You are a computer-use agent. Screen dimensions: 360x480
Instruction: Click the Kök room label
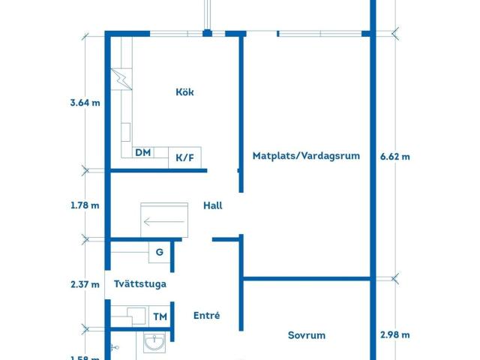point(184,92)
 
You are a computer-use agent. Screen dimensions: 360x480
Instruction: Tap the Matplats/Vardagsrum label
point(306,156)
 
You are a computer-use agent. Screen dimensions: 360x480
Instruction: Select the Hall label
point(212,205)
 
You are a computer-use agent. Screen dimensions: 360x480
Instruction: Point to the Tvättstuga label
point(140,284)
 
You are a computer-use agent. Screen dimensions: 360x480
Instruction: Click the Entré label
point(206,316)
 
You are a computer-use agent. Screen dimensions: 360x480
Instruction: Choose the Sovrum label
point(307,335)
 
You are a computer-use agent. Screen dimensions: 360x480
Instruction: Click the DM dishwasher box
point(142,152)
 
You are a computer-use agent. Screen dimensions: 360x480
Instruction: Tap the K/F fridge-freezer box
point(184,157)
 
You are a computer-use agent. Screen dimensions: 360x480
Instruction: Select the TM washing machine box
point(160,316)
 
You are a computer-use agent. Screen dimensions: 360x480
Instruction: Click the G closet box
point(159,252)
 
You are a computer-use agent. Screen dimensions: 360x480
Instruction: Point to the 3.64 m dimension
point(85,103)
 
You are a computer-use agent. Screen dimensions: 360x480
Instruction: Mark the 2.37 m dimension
point(85,284)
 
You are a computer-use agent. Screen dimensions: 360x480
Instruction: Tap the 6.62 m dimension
point(395,157)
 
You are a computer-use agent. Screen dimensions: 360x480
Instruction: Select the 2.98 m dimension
point(395,335)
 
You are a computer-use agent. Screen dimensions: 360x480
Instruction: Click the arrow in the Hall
point(164,220)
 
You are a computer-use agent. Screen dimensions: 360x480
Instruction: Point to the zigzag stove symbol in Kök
point(121,78)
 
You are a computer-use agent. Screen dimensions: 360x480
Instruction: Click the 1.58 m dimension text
point(85,357)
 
